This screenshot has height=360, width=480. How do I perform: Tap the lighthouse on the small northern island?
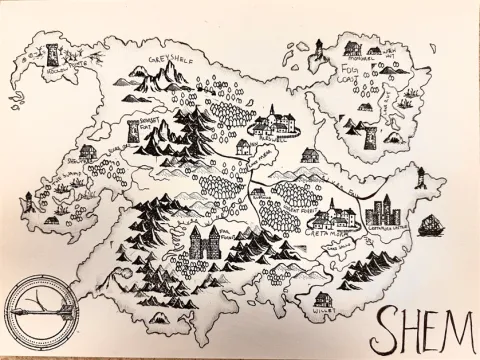(x=320, y=46)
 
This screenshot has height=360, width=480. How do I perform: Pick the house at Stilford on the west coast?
(x=88, y=152)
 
